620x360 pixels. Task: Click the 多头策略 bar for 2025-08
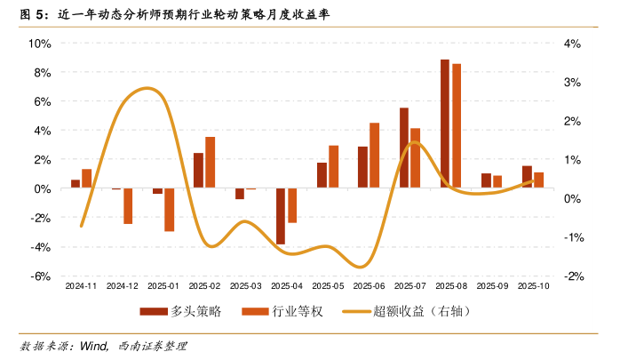pos(445,124)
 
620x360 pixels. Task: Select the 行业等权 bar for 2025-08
pos(457,126)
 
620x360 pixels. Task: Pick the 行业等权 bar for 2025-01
pos(169,210)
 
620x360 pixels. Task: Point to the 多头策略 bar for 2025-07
pos(404,148)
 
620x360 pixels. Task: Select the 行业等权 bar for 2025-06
pos(374,156)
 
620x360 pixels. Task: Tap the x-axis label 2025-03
pos(245,287)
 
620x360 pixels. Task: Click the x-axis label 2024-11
pos(81,287)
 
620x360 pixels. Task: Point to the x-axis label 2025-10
pos(533,287)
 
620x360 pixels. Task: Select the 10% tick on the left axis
pos(39,44)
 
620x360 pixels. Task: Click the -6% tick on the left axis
pos(39,276)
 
